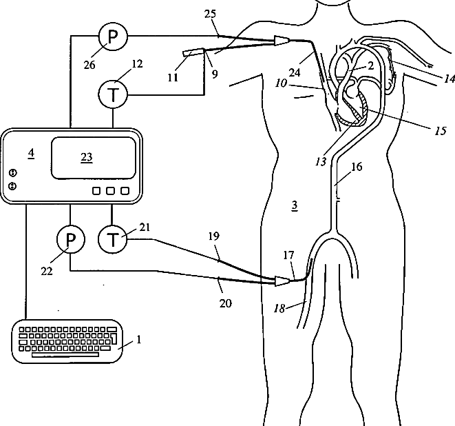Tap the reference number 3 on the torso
[294, 205]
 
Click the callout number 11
[173, 77]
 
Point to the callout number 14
[449, 79]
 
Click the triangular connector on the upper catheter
[282, 41]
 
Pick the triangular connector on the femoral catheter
[282, 281]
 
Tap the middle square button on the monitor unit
[110, 190]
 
